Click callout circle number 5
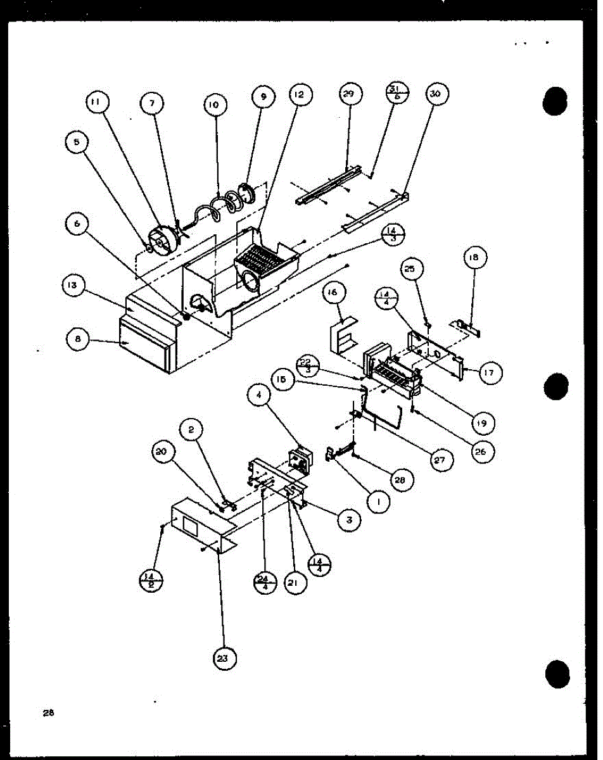[x=76, y=142]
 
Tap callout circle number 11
[x=98, y=102]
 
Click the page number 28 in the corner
[x=48, y=713]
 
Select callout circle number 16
[x=333, y=293]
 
